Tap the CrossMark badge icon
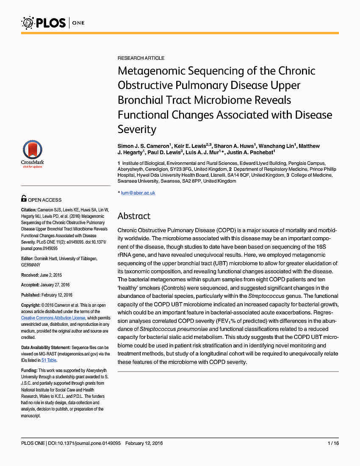(32, 154)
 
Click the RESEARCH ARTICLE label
(141, 58)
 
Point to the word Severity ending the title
(137, 129)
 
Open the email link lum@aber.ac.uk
(138, 193)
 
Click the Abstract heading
(134, 216)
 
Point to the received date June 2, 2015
(52, 275)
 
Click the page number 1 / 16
(333, 443)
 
